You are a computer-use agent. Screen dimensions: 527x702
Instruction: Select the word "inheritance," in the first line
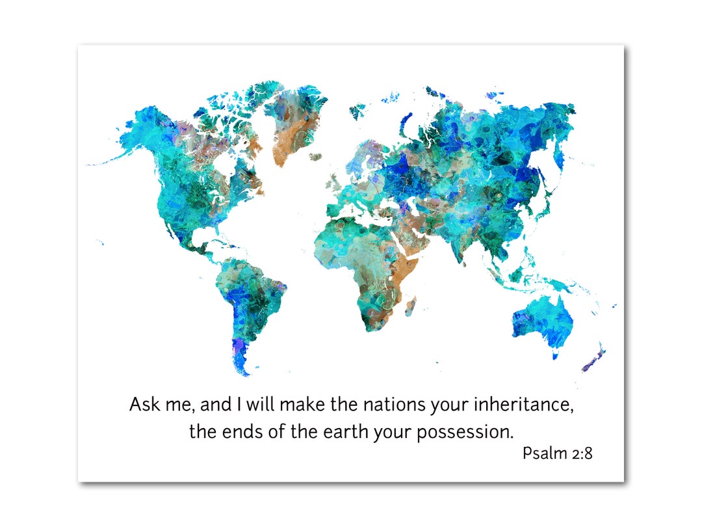click(x=524, y=404)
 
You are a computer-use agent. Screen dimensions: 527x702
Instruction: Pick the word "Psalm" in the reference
click(x=545, y=453)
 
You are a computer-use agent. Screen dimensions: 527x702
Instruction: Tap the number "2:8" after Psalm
click(x=582, y=453)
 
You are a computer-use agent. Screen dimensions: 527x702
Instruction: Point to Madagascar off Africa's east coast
click(x=411, y=304)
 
